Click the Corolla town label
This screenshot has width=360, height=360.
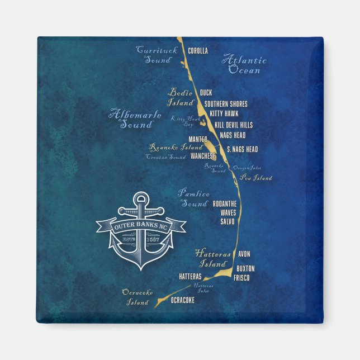[198, 51]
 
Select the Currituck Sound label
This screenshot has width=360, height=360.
[157, 55]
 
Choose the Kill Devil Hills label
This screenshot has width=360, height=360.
[232, 125]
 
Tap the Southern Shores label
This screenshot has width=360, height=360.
[226, 104]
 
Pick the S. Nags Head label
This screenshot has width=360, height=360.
[242, 149]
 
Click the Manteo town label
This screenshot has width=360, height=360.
[198, 139]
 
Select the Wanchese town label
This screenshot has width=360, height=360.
[203, 156]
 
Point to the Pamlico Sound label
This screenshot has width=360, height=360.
[193, 198]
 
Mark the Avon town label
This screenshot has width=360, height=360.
[244, 254]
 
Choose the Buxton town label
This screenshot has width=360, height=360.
[245, 268]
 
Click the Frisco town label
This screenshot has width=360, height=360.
[241, 278]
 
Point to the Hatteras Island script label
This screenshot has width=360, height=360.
[213, 258]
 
